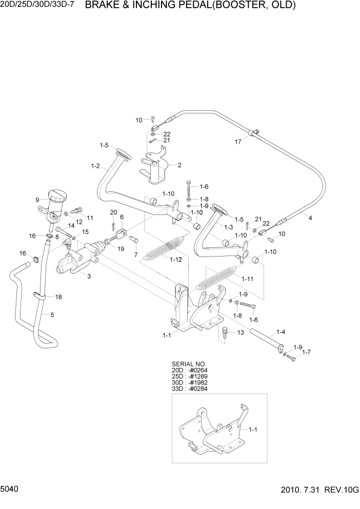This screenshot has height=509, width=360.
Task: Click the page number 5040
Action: (11, 491)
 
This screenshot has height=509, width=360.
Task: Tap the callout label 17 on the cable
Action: (238, 142)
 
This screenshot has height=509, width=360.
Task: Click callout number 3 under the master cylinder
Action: (89, 276)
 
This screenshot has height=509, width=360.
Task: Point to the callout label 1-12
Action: (176, 260)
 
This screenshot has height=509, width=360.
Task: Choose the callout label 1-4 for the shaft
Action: (282, 331)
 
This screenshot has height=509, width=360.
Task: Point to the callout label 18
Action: (58, 297)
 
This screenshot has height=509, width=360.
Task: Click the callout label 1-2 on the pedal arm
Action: (95, 166)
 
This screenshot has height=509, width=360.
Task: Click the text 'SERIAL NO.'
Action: (188, 364)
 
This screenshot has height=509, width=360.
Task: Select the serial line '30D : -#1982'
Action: (190, 382)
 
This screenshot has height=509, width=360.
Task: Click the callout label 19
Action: (121, 249)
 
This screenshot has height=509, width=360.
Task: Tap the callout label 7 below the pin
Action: (135, 254)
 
